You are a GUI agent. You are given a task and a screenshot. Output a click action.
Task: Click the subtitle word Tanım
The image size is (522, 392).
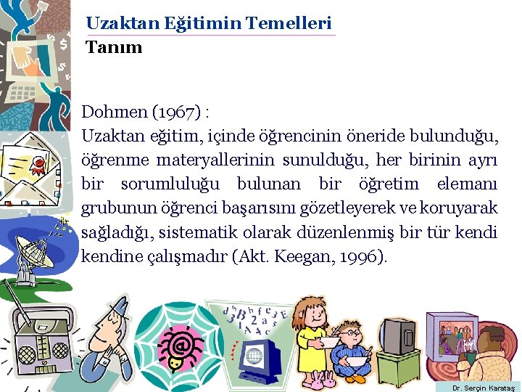coord(114,49)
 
